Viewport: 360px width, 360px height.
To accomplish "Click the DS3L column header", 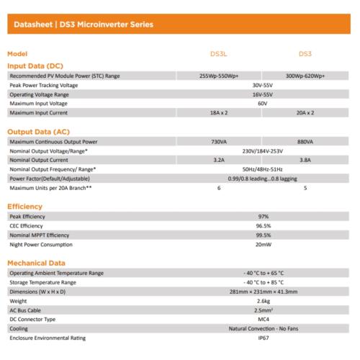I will pyautogui.click(x=219, y=54).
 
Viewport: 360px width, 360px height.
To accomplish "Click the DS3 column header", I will pyautogui.click(x=306, y=54).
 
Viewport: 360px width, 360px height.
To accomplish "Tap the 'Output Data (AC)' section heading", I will pyautogui.click(x=38, y=132).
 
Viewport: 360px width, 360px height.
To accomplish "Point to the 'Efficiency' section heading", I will pyautogui.click(x=25, y=206).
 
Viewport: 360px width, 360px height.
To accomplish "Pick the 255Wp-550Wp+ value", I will pyautogui.click(x=219, y=76).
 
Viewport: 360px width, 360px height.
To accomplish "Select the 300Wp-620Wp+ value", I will pyautogui.click(x=305, y=76).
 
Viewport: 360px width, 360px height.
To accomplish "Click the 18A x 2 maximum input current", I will pyautogui.click(x=219, y=113).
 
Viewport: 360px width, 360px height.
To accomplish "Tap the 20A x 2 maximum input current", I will pyautogui.click(x=305, y=113).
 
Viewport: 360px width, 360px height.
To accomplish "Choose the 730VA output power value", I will pyautogui.click(x=219, y=142).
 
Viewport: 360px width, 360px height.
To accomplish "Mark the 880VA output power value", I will pyautogui.click(x=305, y=142).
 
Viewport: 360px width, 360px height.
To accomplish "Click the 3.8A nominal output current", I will pyautogui.click(x=305, y=160).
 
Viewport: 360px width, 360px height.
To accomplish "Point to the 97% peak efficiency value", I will pyautogui.click(x=263, y=216).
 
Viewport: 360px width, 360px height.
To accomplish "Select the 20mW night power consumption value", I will pyautogui.click(x=263, y=244).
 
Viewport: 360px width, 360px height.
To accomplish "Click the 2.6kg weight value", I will pyautogui.click(x=263, y=301).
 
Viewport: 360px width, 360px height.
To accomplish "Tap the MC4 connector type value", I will pyautogui.click(x=263, y=319).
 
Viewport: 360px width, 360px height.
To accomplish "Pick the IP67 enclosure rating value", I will pyautogui.click(x=263, y=338).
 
